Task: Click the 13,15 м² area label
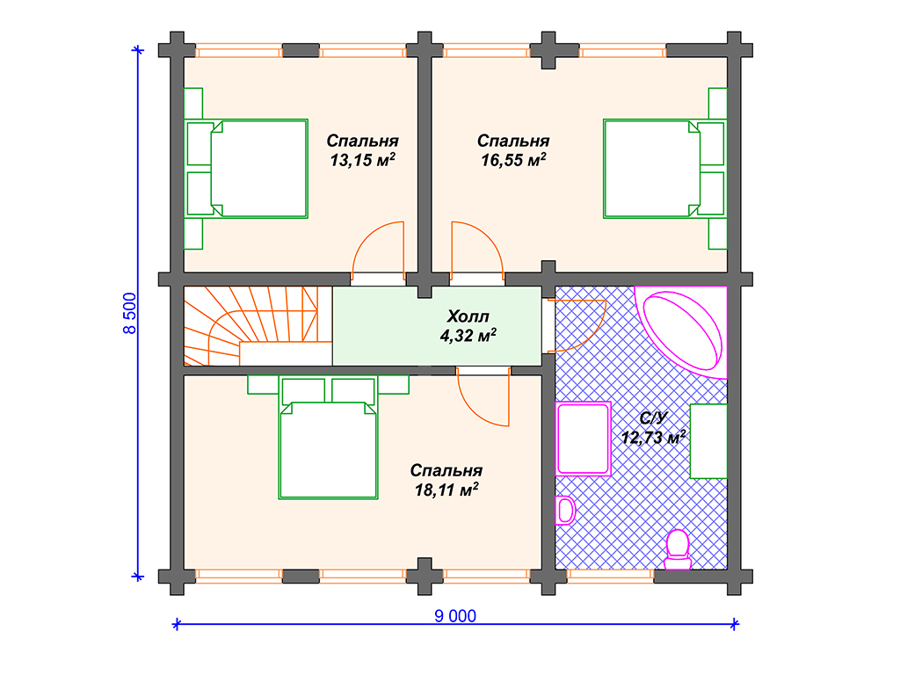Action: point(362,160)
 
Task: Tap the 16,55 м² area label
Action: point(513,160)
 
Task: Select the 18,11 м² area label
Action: point(446,490)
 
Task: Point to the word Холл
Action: point(468,316)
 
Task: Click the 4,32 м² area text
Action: point(468,335)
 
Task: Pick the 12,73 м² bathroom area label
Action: point(653,438)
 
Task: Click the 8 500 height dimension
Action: point(130,313)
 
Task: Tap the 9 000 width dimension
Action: point(455,616)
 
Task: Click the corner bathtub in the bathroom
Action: point(681,331)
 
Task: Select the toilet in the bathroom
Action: point(678,550)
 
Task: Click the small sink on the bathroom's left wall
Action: point(565,511)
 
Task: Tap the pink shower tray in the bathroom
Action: point(583,439)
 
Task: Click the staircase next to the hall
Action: point(258,325)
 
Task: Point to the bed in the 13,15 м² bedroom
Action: point(247,169)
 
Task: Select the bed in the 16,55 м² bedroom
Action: point(664,169)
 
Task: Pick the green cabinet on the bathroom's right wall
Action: point(708,441)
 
